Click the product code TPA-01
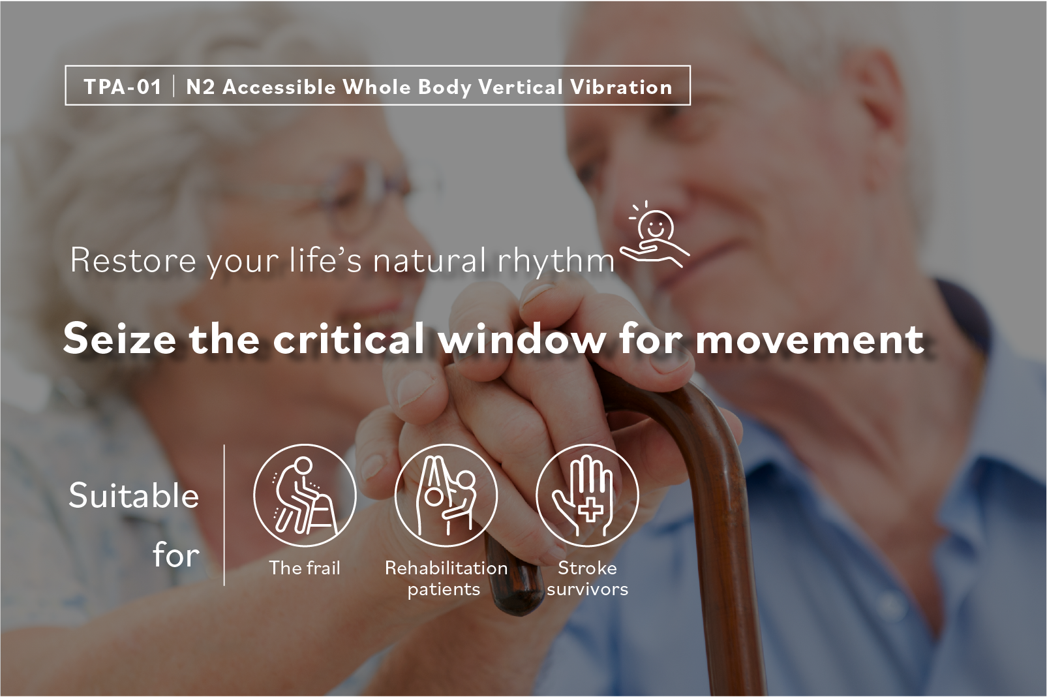pos(123,87)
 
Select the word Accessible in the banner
pos(279,87)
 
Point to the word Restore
pos(133,260)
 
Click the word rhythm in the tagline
pos(556,261)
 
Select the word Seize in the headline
pos(119,339)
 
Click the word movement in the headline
pos(810,339)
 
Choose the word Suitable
pos(134,495)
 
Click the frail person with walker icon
pos(305,495)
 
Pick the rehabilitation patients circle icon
pos(446,495)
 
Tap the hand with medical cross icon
pos(587,495)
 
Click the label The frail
pos(305,568)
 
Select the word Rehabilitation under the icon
pos(446,568)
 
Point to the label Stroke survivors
pos(588,579)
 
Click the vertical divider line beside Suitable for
pos(224,515)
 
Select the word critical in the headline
pos(349,339)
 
